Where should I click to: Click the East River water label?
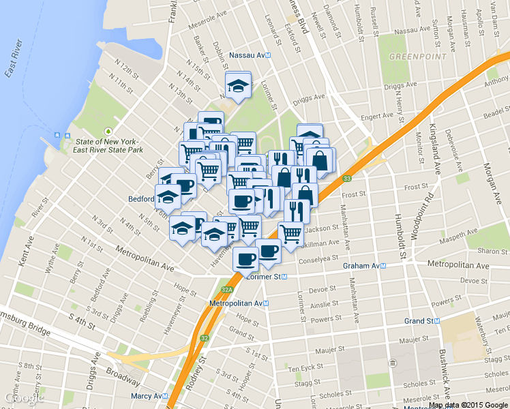[14, 60]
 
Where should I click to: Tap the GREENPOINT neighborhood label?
[417, 56]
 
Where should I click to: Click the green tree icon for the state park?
[107, 131]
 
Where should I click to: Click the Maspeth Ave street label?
[464, 237]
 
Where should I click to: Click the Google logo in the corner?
[24, 397]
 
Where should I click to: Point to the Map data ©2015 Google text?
[468, 404]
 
